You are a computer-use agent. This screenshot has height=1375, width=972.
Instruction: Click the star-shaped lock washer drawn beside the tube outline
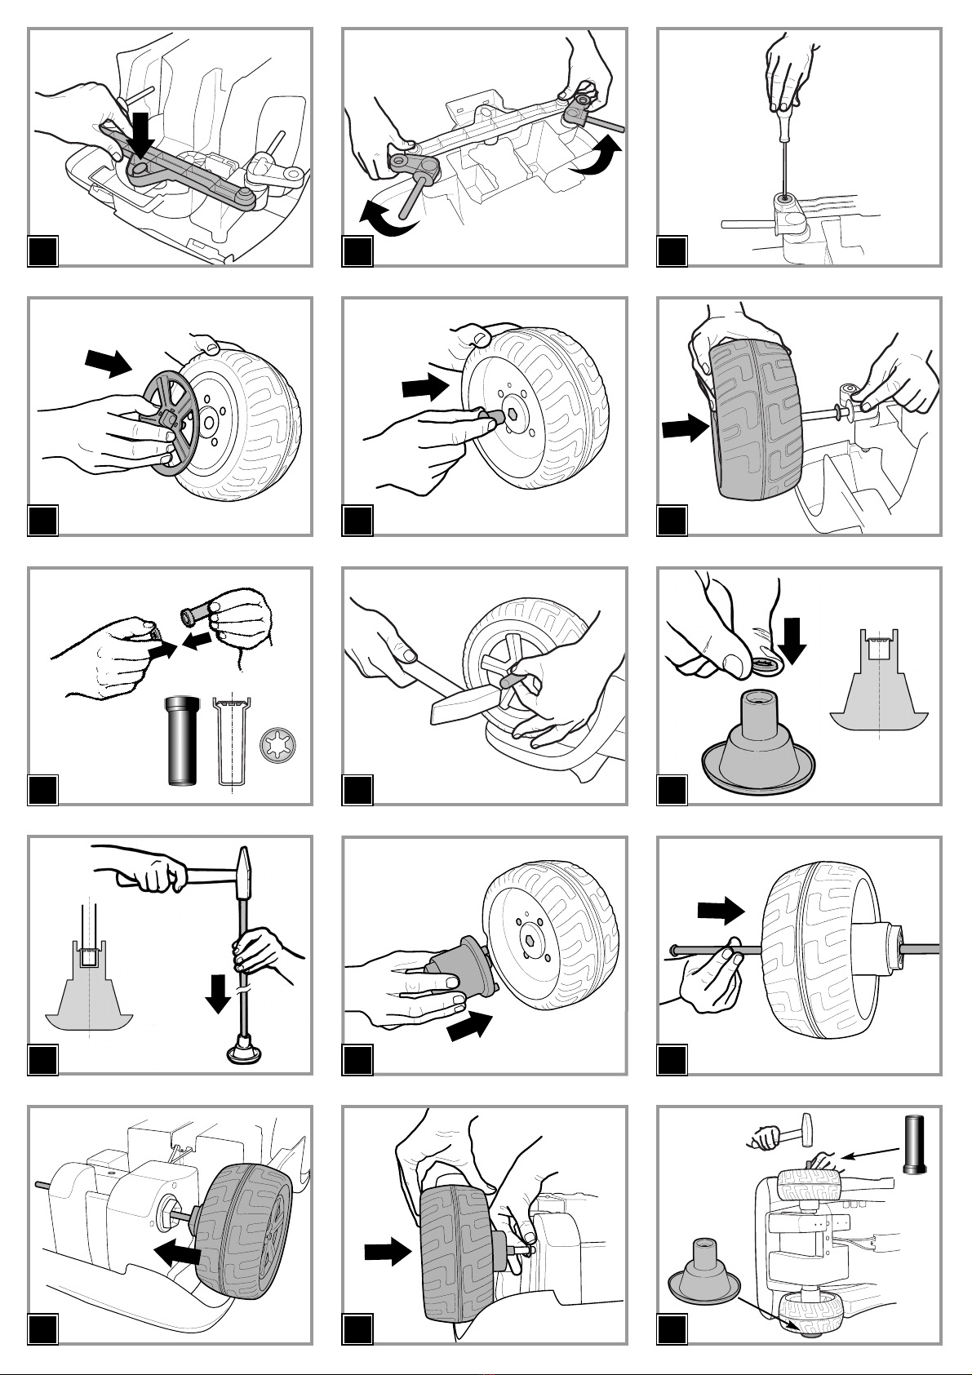(277, 746)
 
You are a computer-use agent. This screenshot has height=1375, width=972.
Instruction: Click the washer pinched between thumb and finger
(766, 663)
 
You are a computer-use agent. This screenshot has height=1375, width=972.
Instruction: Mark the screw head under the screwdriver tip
(785, 198)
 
